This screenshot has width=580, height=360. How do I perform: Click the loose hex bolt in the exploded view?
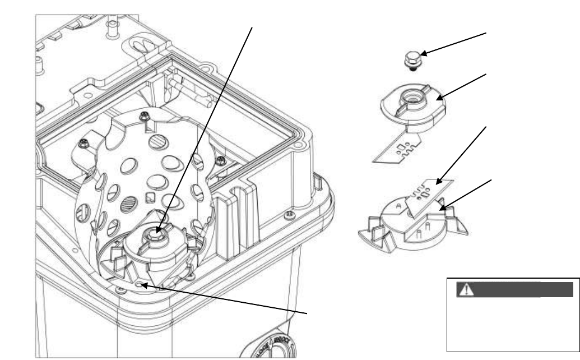click(413, 59)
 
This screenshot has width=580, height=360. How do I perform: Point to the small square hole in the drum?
click(150, 197)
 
